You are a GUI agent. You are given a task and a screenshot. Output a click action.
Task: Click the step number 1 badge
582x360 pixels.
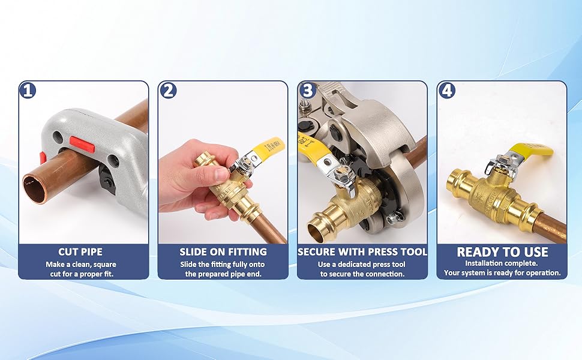pyautogui.click(x=28, y=90)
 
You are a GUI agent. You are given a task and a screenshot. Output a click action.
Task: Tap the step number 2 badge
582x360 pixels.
pyautogui.click(x=168, y=90)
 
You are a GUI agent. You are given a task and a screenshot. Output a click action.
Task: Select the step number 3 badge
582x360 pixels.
pyautogui.click(x=307, y=90)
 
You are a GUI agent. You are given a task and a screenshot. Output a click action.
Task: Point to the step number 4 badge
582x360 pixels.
pyautogui.click(x=446, y=90)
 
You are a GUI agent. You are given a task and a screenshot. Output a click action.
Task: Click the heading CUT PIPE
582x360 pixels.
pyautogui.click(x=80, y=252)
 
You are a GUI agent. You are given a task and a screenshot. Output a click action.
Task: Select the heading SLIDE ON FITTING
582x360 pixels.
pyautogui.click(x=223, y=252)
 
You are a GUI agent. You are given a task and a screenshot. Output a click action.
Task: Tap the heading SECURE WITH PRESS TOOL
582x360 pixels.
pyautogui.click(x=362, y=252)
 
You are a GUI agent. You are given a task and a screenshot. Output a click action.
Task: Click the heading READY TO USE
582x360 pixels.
pyautogui.click(x=502, y=252)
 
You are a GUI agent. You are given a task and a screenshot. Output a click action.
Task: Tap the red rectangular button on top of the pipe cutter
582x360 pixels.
pyautogui.click(x=82, y=144)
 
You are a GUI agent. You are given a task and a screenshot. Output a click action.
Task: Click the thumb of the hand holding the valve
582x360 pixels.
pyautogui.click(x=208, y=175)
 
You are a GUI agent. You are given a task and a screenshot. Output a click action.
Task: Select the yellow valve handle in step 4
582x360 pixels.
pyautogui.click(x=531, y=152)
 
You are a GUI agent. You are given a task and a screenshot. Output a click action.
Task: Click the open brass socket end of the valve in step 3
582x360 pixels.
pyautogui.click(x=319, y=225)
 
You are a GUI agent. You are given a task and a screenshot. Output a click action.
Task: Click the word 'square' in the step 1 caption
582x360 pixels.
pyautogui.click(x=104, y=265)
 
